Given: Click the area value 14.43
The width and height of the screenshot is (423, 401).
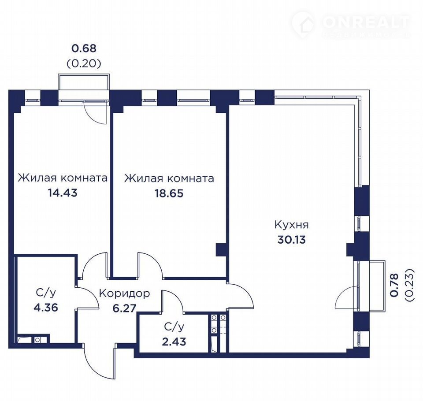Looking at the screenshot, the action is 63,193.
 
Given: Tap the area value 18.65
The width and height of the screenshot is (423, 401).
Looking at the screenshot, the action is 169,193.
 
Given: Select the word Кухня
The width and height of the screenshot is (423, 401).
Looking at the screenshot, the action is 292,225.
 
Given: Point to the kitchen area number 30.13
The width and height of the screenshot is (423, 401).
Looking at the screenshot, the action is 292,240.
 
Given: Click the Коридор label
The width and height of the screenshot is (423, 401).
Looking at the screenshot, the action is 124,293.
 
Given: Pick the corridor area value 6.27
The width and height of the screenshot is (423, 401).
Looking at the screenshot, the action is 124,308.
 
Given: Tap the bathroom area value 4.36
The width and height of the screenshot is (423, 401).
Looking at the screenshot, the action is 46,308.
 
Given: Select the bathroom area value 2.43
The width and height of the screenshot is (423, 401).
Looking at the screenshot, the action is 174,342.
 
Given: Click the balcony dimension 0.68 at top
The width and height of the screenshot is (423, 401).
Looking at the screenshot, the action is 84,48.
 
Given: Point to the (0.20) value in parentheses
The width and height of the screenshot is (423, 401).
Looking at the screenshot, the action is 84,64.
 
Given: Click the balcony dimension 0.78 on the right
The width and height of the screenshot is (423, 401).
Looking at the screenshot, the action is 394,285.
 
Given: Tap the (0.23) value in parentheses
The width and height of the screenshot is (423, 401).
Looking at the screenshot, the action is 409,285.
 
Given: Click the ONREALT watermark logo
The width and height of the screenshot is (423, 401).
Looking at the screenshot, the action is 351,24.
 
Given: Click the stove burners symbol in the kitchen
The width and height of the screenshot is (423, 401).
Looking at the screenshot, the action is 218,324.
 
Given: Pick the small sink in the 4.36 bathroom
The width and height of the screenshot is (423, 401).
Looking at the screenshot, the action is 37,339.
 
